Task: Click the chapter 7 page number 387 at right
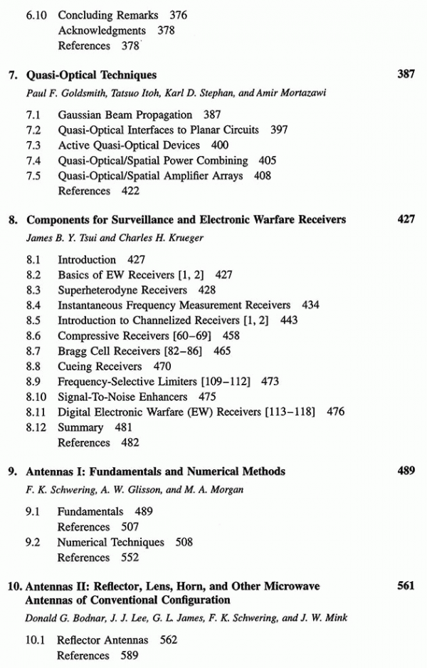[406, 74]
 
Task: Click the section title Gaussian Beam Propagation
[125, 115]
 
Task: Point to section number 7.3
[33, 145]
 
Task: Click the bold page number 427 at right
[406, 219]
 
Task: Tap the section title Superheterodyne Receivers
[122, 291]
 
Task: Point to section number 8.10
[35, 397]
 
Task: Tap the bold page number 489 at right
[406, 471]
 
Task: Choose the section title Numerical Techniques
[110, 542]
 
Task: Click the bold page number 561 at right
[406, 586]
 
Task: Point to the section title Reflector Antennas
[102, 640]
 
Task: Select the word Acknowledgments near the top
[102, 31]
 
